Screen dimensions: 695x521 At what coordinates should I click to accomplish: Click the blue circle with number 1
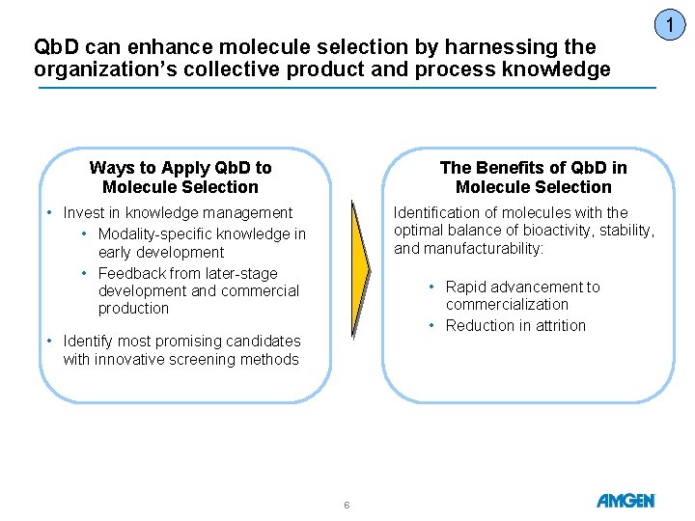(x=670, y=25)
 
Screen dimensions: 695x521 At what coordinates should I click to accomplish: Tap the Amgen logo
(x=625, y=501)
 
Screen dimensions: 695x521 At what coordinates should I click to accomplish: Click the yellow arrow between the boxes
(x=360, y=270)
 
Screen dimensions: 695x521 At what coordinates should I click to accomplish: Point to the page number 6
(x=347, y=505)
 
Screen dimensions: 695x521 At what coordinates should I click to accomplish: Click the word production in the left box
(x=133, y=309)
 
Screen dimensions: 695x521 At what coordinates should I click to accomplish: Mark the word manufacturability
(x=484, y=249)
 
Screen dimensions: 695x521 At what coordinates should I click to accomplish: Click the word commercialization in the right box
(x=507, y=304)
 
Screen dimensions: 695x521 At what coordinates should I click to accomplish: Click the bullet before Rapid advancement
(x=431, y=288)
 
